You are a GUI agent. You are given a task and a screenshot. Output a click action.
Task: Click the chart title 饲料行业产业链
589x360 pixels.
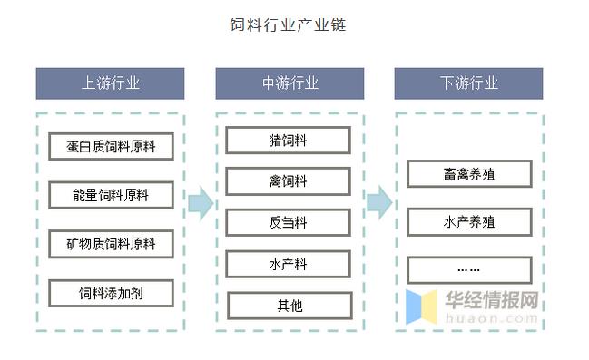[288, 24]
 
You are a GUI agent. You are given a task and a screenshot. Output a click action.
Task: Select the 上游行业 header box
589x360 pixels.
[111, 83]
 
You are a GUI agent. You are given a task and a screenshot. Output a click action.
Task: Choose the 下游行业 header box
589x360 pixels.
[469, 83]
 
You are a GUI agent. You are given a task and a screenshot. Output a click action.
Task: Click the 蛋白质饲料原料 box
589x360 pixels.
[111, 145]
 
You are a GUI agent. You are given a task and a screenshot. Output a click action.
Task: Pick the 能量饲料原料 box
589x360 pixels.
[111, 194]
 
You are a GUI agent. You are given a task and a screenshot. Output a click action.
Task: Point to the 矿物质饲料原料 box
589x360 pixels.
[111, 244]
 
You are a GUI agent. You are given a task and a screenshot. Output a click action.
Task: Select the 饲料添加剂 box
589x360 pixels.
[111, 293]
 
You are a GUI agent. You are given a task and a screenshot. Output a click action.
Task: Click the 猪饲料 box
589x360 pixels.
[289, 140]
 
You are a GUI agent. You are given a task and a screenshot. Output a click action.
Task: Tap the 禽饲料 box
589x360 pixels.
[289, 181]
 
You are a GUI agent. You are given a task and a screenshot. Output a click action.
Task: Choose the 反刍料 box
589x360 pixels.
[289, 223]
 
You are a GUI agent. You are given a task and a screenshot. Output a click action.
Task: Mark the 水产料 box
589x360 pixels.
[289, 264]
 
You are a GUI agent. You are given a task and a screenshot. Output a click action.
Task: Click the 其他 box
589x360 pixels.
[289, 306]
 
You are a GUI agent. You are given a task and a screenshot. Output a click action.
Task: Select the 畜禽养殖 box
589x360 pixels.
[468, 172]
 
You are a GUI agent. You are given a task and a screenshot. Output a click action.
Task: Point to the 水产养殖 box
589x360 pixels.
[468, 221]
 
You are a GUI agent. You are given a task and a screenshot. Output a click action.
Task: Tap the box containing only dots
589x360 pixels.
[468, 270]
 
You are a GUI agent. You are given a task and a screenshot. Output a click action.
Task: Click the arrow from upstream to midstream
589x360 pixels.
[200, 204]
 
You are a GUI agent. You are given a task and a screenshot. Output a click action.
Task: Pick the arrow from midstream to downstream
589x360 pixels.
[379, 204]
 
